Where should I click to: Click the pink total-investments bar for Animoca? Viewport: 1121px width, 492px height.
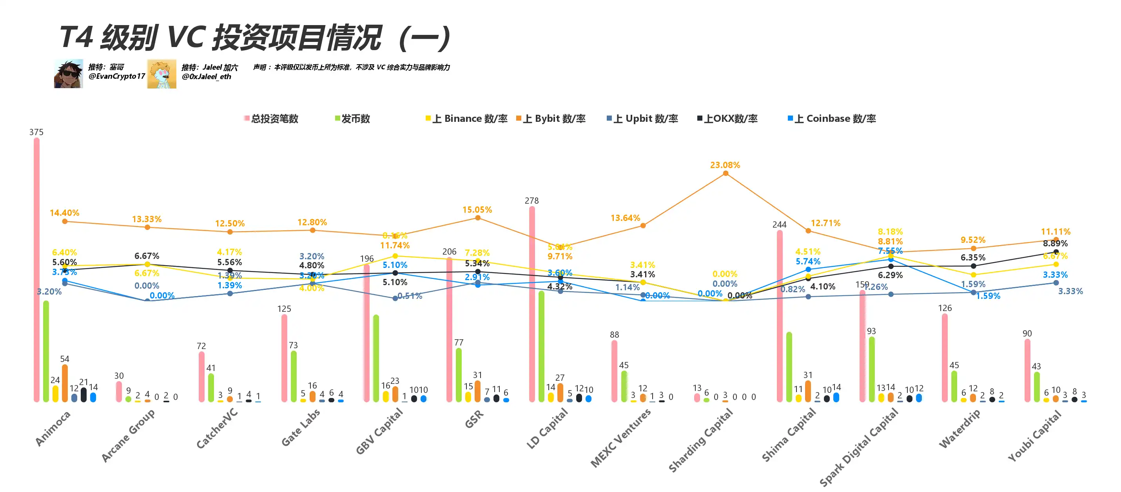point(36,270)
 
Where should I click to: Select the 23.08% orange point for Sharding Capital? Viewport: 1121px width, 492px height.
point(726,174)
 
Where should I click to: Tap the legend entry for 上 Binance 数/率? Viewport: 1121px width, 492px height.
point(466,119)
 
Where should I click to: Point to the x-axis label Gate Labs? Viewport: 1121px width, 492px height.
point(301,428)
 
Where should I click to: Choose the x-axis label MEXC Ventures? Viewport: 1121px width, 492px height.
point(620,438)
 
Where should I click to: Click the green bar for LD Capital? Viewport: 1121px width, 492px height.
point(541,346)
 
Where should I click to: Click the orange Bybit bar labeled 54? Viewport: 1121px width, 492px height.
point(65,383)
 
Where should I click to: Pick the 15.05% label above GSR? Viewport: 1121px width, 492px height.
point(477,210)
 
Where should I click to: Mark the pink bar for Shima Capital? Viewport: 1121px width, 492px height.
point(779,316)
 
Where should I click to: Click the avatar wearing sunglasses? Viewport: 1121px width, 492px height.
point(68,74)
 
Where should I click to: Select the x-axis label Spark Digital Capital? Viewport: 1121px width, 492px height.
point(859,447)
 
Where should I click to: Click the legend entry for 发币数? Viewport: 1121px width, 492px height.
point(352,119)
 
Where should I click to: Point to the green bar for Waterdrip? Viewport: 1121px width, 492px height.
point(954,386)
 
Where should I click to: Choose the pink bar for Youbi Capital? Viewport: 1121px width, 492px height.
point(1027,370)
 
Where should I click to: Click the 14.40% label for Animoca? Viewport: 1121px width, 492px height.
point(64,213)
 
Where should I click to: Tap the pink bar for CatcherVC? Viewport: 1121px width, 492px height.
point(201,377)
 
